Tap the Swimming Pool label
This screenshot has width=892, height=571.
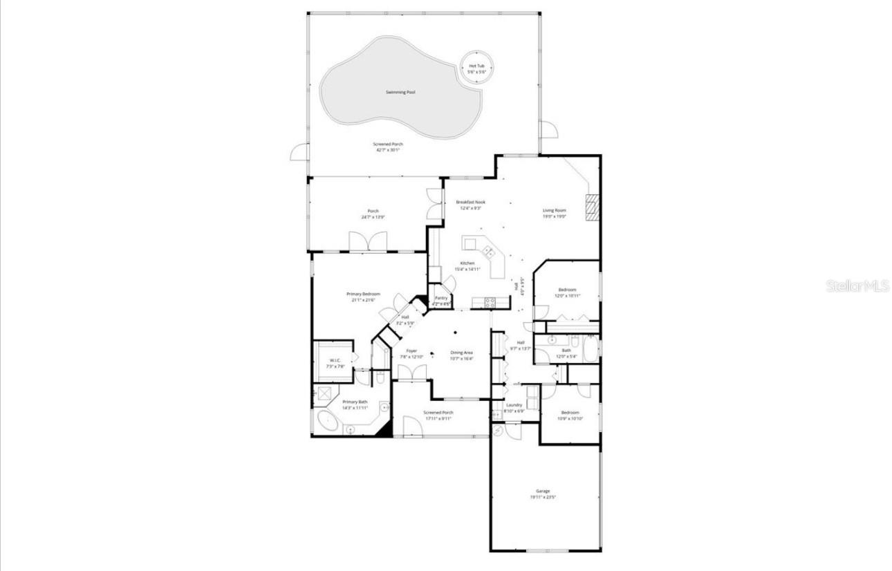tap(400, 92)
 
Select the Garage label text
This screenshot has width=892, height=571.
tap(543, 494)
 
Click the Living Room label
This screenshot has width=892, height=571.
tap(554, 213)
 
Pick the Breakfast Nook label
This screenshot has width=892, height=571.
tap(470, 205)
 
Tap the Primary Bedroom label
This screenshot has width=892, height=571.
tap(363, 297)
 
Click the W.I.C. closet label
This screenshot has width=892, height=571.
tap(335, 363)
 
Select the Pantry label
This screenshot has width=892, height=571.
tap(441, 301)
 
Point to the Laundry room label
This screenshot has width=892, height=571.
tap(514, 408)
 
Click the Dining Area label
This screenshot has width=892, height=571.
tap(461, 355)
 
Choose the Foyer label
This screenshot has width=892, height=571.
tap(411, 354)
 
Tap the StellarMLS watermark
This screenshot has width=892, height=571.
tap(857, 285)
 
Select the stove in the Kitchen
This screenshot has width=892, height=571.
tap(490, 301)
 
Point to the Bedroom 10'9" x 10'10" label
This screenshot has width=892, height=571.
tap(570, 415)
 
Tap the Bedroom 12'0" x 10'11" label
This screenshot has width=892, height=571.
tap(567, 292)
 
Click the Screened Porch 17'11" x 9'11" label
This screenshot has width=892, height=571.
tap(438, 415)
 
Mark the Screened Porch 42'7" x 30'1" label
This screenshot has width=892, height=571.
tap(389, 147)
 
